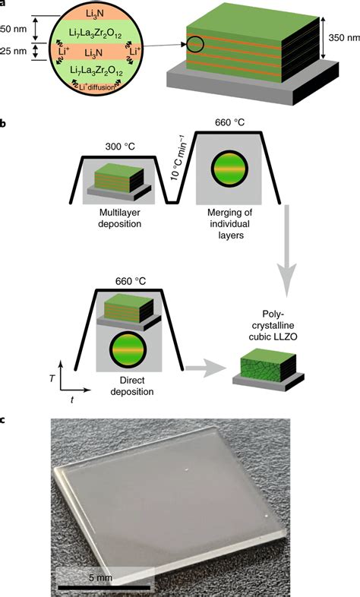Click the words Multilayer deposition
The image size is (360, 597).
tap(113, 222)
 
